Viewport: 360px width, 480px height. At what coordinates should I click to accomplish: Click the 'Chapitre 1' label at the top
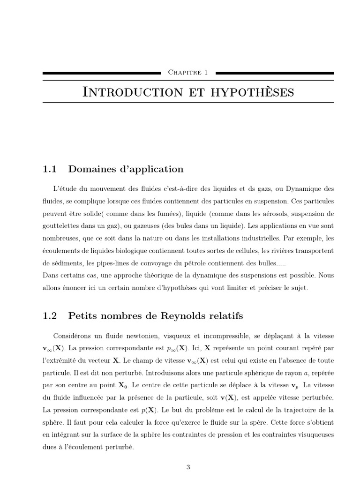pyautogui.click(x=187, y=73)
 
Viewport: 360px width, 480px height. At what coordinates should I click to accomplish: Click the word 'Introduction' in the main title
pyautogui.click(x=133, y=92)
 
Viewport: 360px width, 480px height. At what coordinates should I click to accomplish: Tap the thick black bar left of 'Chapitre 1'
pyautogui.click(x=101, y=73)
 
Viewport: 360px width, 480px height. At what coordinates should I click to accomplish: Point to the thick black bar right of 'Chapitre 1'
pyautogui.click(x=274, y=73)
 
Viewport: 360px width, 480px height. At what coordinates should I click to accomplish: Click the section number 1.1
pyautogui.click(x=49, y=169)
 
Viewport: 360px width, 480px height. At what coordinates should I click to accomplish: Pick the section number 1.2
pyautogui.click(x=49, y=316)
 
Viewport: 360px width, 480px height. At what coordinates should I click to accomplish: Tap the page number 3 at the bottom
pyautogui.click(x=188, y=467)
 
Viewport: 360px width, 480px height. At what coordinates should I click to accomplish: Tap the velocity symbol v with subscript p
pyautogui.click(x=295, y=386)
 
